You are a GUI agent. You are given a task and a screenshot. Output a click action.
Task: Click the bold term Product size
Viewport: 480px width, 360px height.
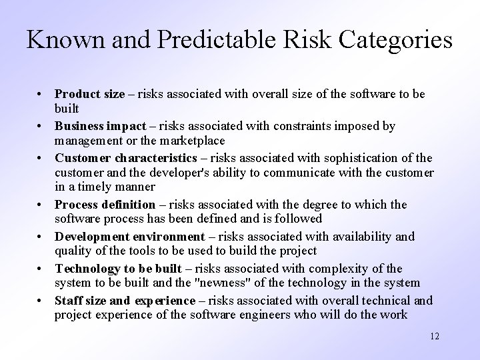89,95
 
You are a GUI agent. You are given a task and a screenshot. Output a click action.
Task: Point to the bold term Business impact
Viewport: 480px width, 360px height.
101,127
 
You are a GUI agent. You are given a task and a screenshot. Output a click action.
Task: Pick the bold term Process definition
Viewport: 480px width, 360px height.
105,205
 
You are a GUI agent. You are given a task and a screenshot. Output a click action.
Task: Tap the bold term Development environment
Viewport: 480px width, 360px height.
130,237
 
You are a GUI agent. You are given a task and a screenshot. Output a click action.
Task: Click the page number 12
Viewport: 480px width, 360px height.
435,336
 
